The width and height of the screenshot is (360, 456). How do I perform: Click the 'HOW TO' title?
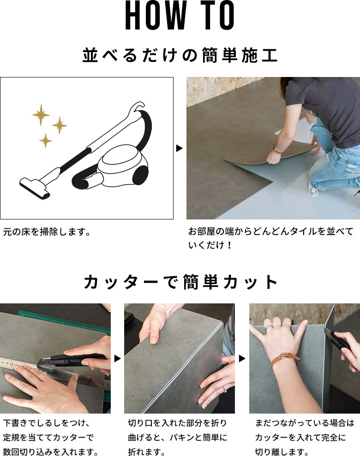(180, 17)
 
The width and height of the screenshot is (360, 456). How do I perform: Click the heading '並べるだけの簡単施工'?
(180, 55)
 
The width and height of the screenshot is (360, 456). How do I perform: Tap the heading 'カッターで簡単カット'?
(180, 282)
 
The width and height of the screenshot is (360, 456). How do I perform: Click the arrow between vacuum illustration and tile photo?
(180, 148)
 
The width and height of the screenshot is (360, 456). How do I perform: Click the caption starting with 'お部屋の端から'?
(270, 237)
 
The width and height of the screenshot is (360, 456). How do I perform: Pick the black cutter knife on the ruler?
(74, 357)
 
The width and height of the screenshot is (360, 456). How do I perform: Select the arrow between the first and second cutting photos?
(117, 358)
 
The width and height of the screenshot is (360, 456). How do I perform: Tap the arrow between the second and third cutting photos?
(242, 358)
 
